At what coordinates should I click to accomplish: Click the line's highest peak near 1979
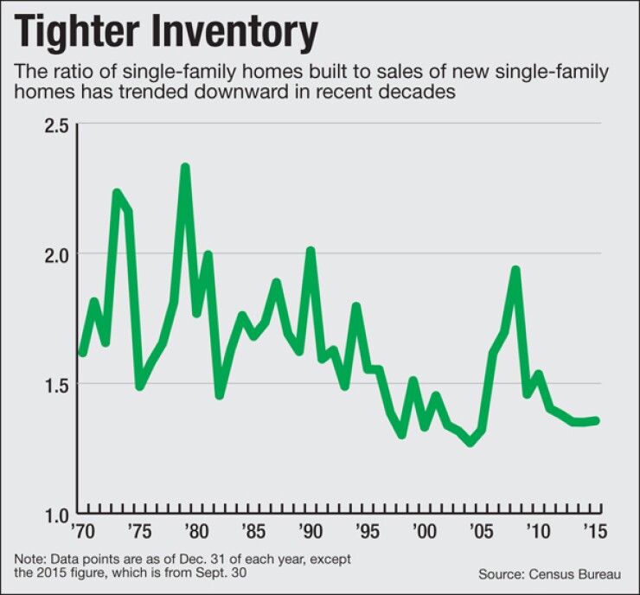point(185,167)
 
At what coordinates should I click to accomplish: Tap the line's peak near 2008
point(515,270)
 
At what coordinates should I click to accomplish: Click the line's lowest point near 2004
point(470,442)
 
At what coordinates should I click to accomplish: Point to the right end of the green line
point(597,420)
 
